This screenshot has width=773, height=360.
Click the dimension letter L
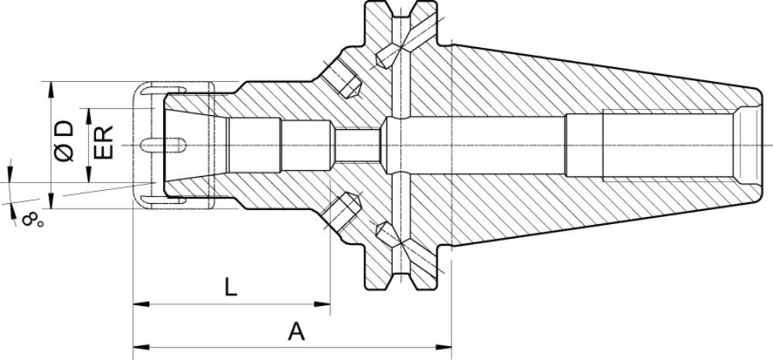tap(230, 287)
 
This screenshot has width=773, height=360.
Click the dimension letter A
tap(296, 331)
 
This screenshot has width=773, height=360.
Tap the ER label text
tap(104, 142)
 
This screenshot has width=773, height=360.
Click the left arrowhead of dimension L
tap(141, 304)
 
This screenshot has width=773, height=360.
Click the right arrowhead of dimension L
tap(322, 304)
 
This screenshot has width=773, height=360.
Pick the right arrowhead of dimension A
tap(444, 347)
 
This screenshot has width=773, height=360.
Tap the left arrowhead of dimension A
tap(141, 347)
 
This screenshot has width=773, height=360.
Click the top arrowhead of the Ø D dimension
tap(51, 90)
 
